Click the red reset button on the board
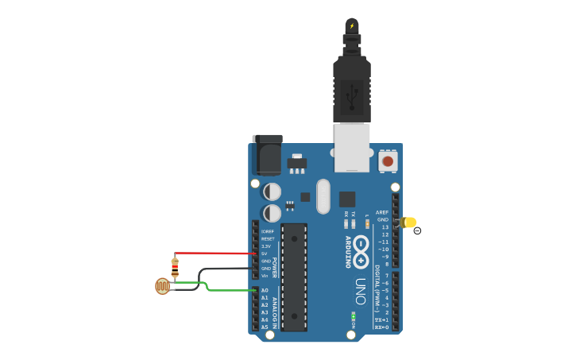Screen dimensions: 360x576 387,161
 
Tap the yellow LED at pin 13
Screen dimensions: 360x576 409,223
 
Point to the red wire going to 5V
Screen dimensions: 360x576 215,254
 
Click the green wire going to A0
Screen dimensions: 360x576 230,290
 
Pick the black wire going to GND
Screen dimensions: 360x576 226,269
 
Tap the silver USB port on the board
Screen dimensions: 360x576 352,147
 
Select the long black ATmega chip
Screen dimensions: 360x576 294,277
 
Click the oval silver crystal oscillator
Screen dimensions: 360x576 323,195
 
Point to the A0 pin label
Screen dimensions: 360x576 265,290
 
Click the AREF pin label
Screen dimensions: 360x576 382,212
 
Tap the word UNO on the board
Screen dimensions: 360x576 360,286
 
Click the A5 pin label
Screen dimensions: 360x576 265,327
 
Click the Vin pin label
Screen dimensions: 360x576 265,276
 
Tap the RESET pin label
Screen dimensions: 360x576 268,238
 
